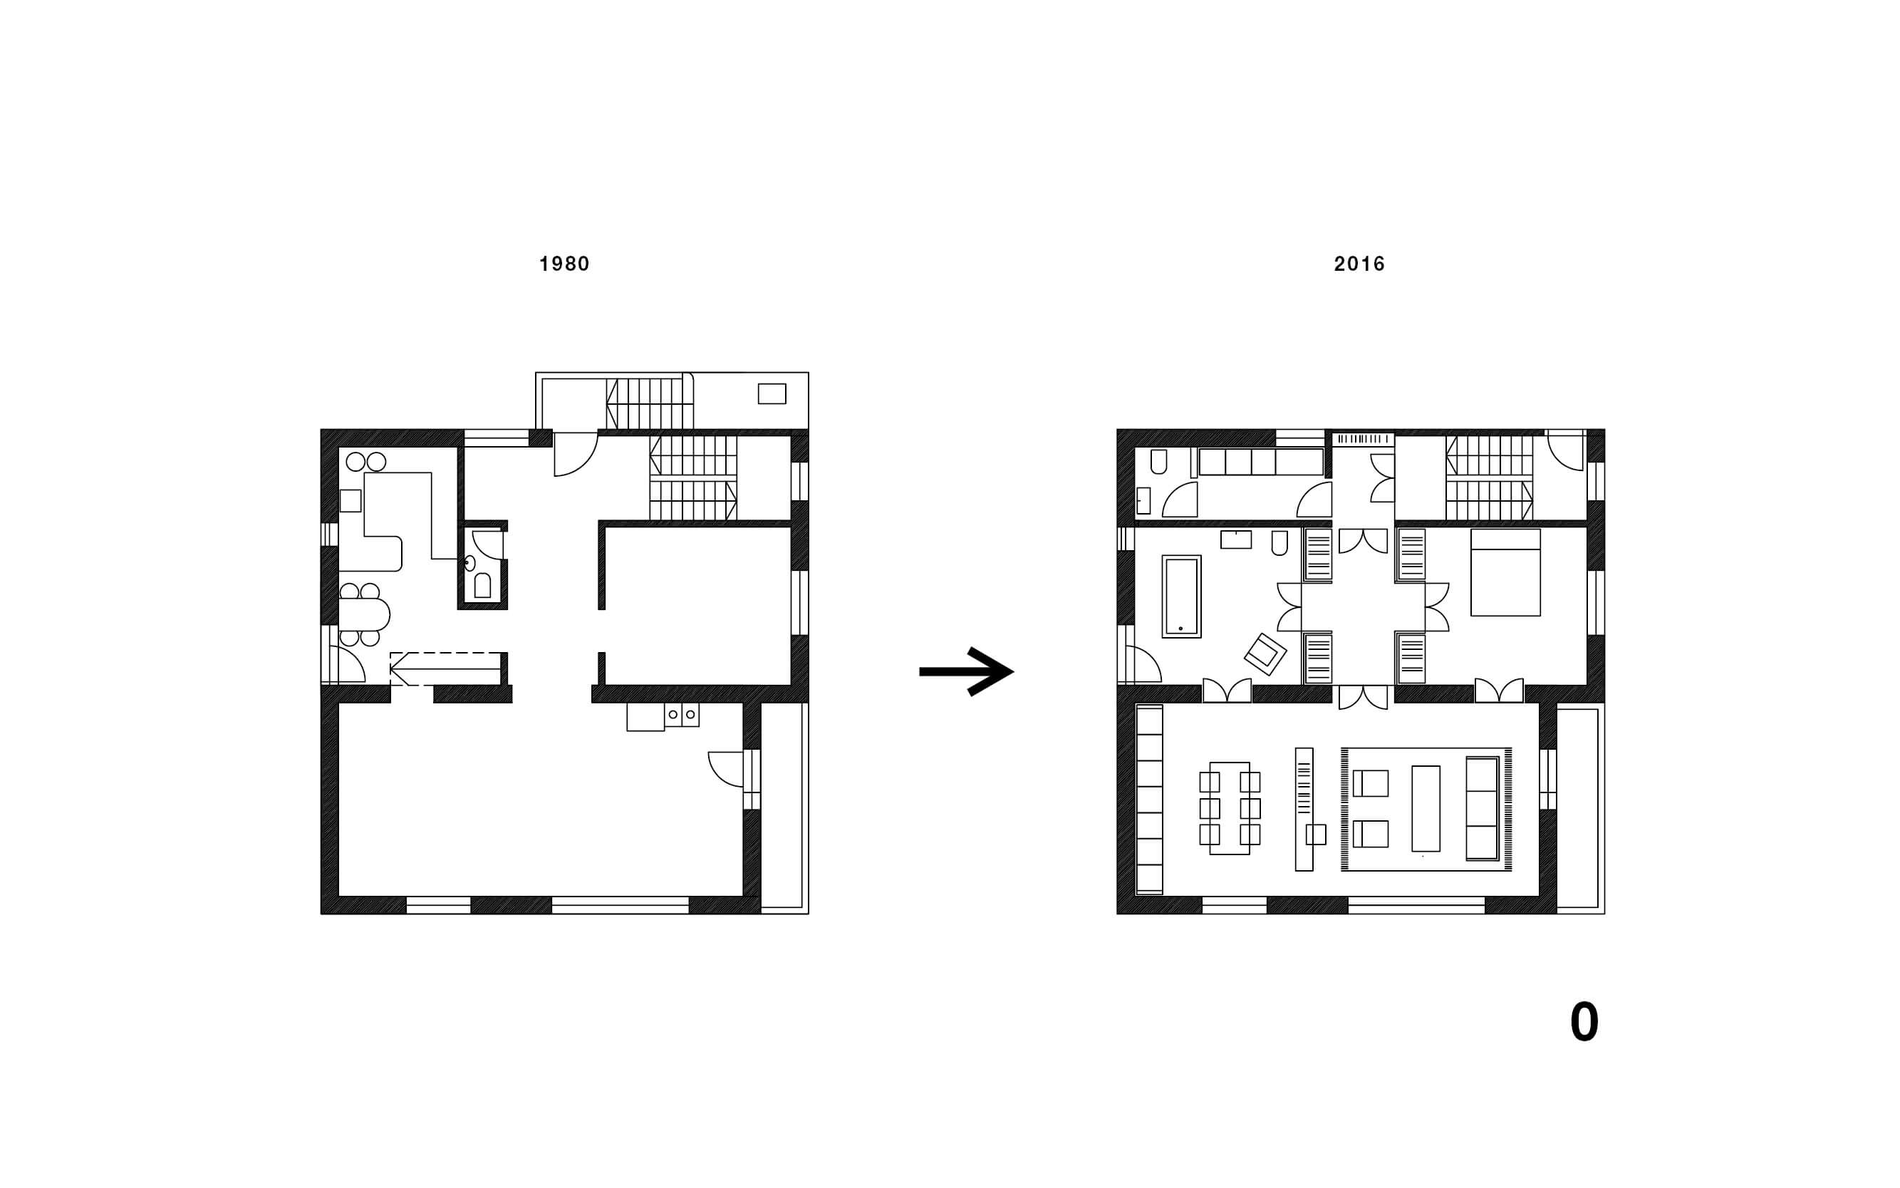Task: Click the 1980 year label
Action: tap(564, 264)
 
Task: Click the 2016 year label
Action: tap(1359, 264)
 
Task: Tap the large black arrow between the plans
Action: tap(966, 671)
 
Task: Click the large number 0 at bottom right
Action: tap(1584, 1022)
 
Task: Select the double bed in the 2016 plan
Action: tap(1505, 572)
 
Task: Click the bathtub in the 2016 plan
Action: tap(1181, 596)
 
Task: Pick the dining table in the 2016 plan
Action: tap(1229, 807)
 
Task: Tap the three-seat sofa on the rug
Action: tap(1482, 808)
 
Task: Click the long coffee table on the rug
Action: tap(1426, 808)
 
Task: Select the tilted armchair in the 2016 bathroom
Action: tap(1265, 654)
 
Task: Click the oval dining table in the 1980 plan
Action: tap(365, 614)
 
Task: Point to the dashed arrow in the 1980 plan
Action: tap(445, 668)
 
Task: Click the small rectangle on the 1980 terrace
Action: tap(772, 393)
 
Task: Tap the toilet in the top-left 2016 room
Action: tap(1158, 461)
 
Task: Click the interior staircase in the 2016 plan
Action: tap(1489, 477)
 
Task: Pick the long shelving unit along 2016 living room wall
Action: tap(1149, 800)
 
